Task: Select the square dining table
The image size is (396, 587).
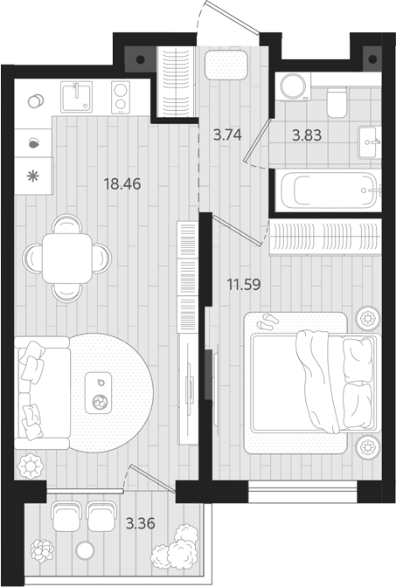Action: (67, 257)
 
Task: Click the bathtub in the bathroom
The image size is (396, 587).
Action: (327, 190)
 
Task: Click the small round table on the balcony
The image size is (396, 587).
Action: (85, 550)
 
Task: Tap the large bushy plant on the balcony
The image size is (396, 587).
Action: (175, 547)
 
